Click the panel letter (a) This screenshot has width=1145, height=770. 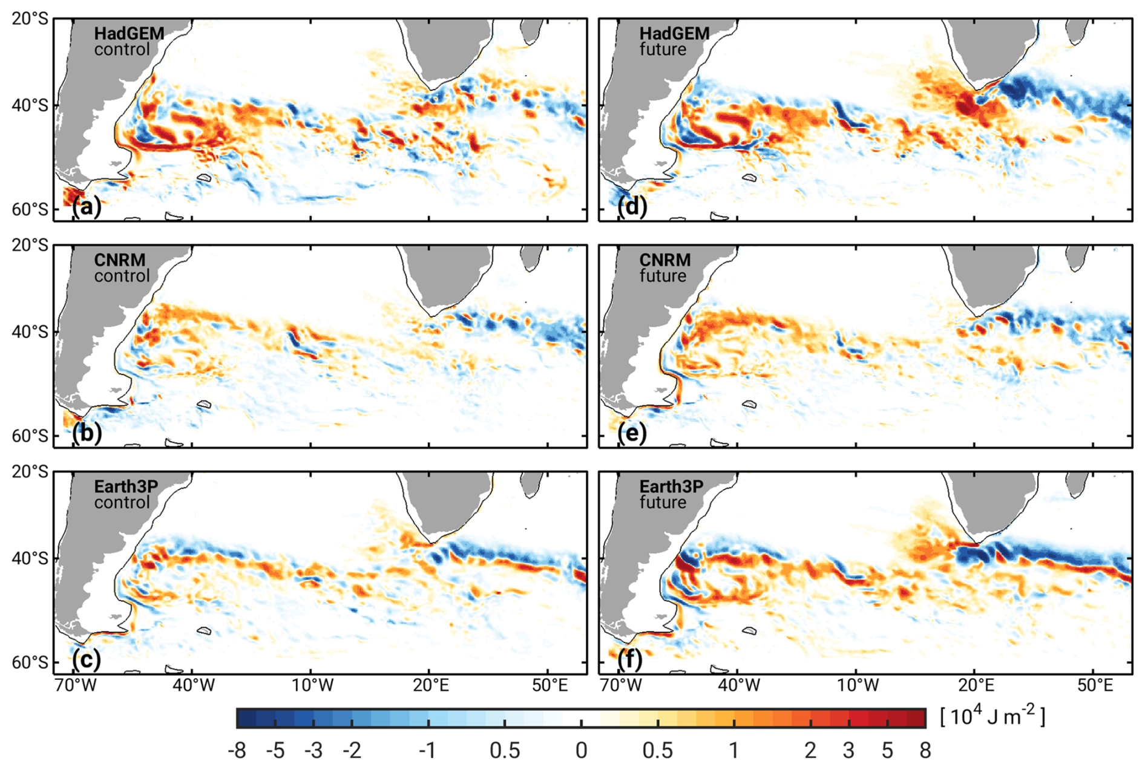tap(87, 207)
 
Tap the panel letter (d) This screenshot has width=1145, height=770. tap(632, 207)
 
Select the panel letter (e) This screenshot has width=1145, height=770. tap(632, 433)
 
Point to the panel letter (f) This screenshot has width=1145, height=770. tap(630, 659)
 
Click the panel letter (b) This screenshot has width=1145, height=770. tap(87, 433)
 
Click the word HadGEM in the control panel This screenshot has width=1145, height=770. tap(129, 33)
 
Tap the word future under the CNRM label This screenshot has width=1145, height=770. tap(663, 276)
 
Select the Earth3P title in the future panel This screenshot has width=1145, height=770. tap(671, 486)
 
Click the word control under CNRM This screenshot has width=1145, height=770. tap(122, 276)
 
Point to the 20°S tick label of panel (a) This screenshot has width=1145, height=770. tap(30, 19)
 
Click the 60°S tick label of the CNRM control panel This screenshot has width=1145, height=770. tap(30, 436)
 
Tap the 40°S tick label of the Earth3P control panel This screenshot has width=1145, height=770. tap(30, 558)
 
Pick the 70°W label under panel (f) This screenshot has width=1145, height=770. tap(622, 685)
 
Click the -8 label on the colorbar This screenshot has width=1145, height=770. tap(237, 751)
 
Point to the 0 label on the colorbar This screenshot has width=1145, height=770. tap(581, 751)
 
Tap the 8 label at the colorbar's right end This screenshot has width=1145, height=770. tap(925, 751)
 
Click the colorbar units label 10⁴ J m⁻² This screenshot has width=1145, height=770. tap(992, 716)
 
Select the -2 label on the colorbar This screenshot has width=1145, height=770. tap(352, 751)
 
